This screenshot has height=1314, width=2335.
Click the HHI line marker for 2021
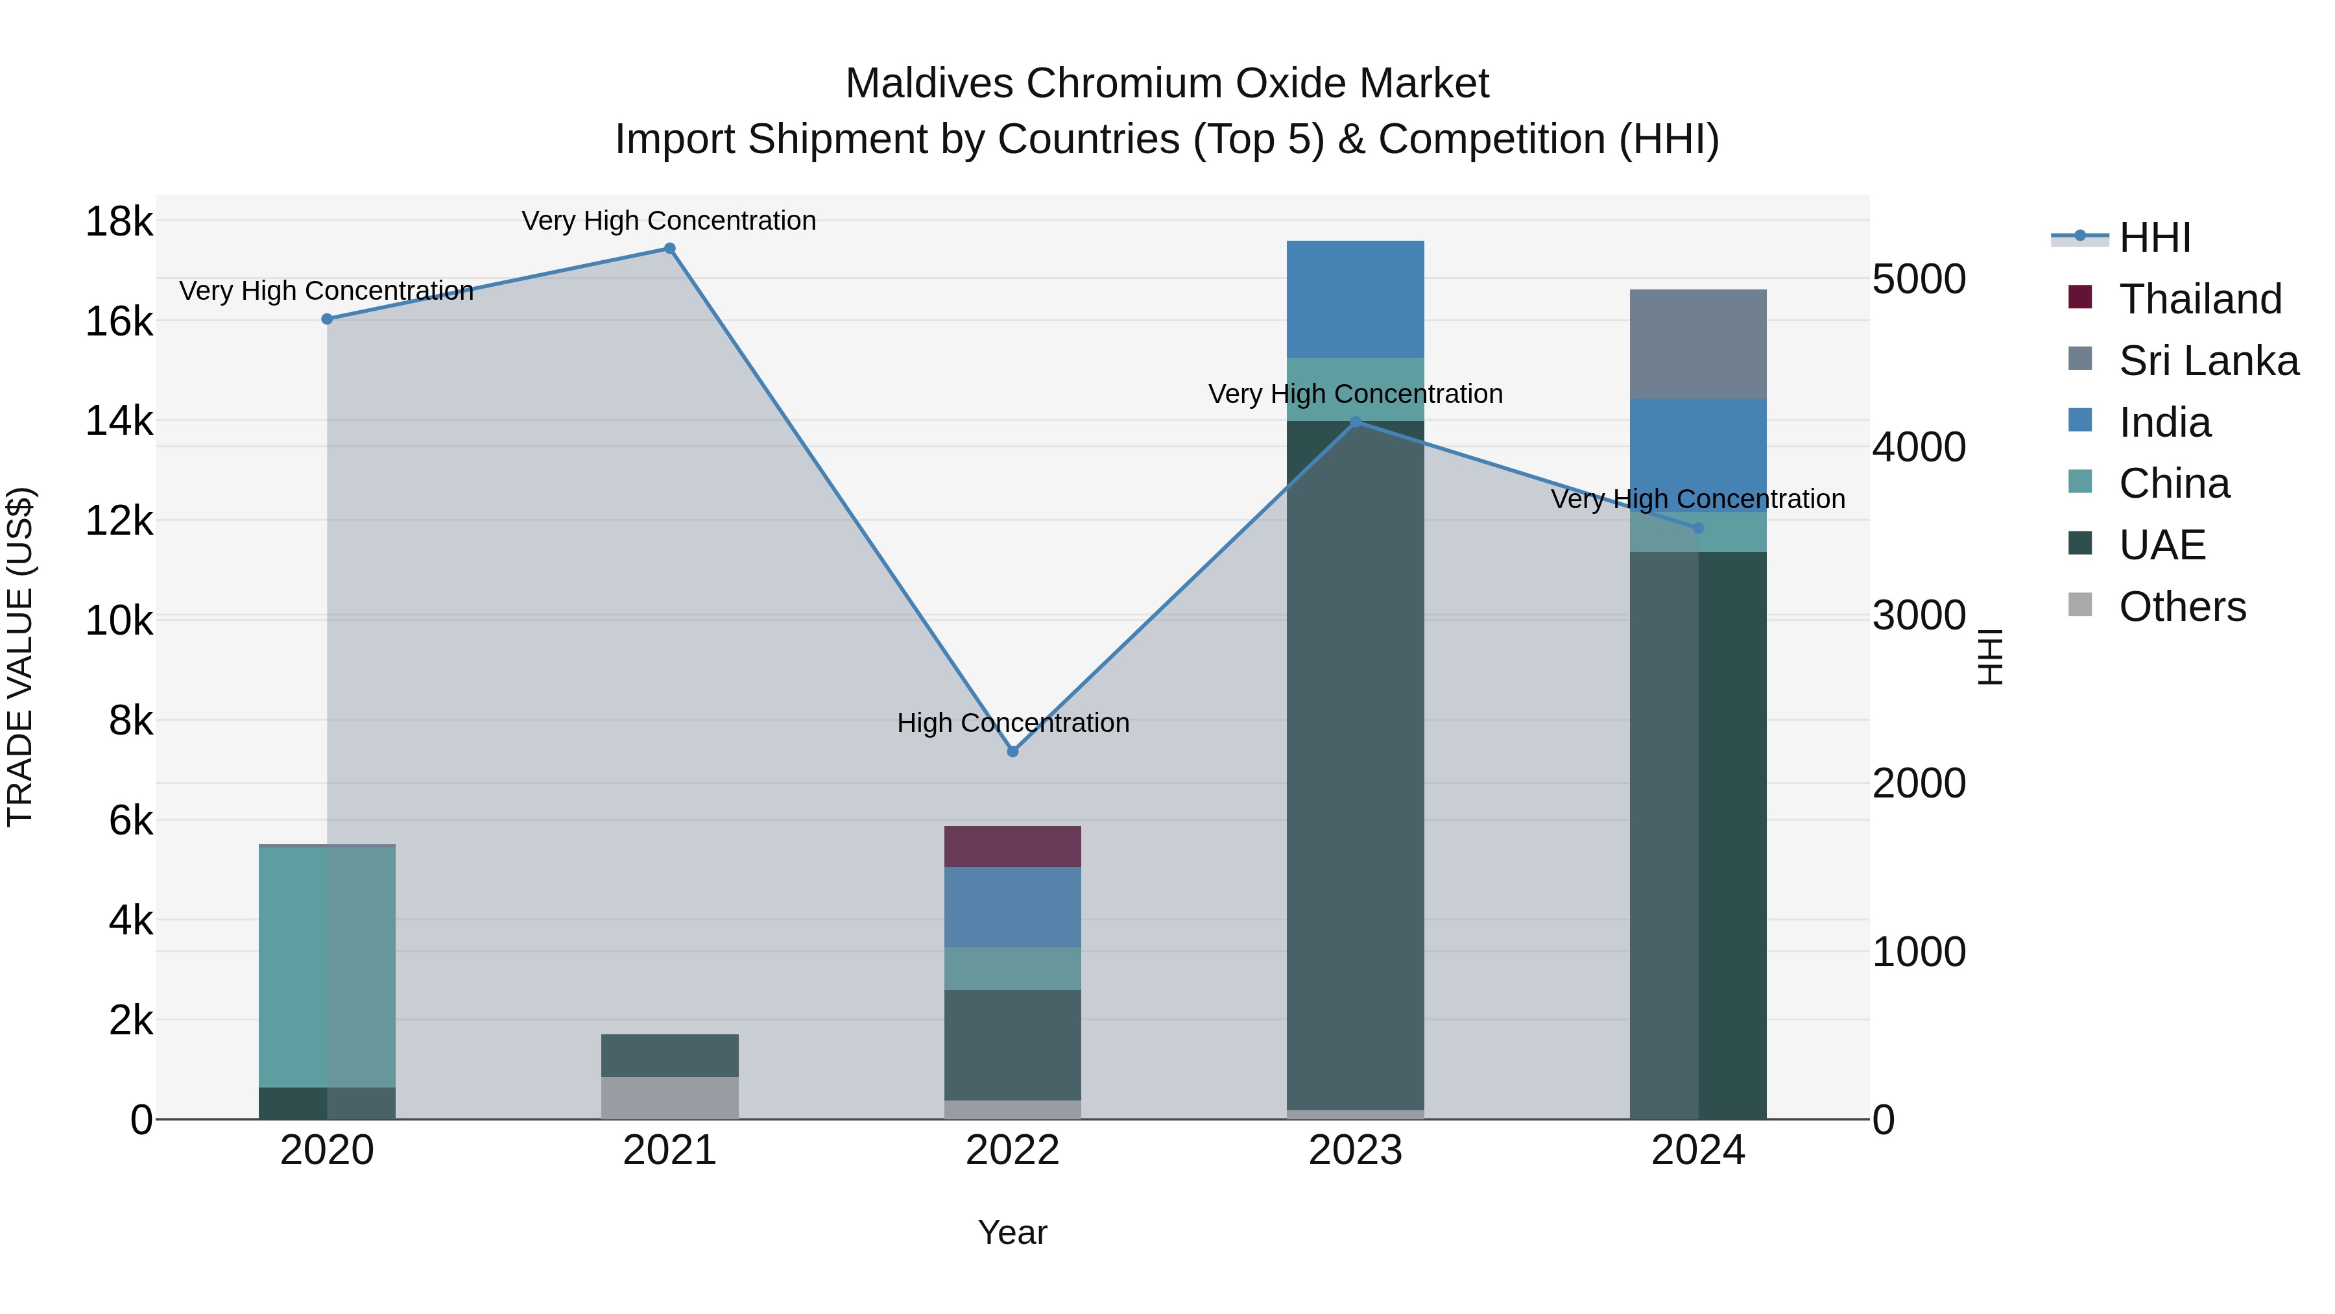click(670, 249)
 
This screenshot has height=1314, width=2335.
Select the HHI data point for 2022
click(1012, 752)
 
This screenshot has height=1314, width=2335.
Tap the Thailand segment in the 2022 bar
click(1012, 847)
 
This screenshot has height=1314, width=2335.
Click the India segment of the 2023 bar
click(1355, 299)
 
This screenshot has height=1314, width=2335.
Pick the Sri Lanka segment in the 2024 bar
click(1698, 345)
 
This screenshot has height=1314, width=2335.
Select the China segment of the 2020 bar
click(328, 966)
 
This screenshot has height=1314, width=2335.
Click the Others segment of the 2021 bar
click(670, 1098)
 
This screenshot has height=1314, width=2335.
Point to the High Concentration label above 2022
click(1012, 724)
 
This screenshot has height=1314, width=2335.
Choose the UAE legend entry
click(2161, 545)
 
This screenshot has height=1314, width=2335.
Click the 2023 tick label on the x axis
click(1355, 1150)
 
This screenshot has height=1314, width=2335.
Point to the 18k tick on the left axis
click(119, 222)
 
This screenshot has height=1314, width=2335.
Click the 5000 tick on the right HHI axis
click(1918, 279)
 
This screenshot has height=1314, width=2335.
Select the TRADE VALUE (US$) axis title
click(21, 657)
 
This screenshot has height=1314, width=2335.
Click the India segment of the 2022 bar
click(1012, 907)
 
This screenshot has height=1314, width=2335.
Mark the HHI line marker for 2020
click(328, 319)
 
